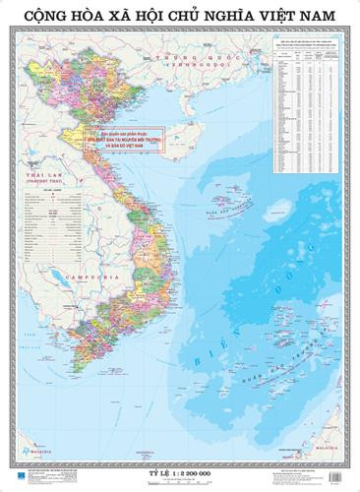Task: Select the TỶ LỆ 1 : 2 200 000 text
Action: point(180,471)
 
